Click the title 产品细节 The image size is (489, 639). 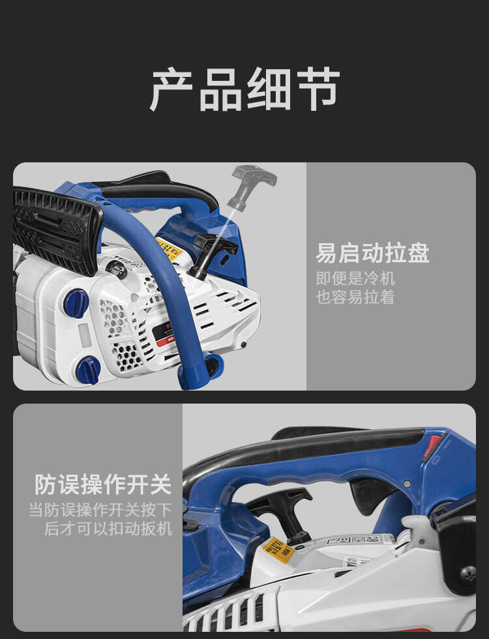[x=244, y=89]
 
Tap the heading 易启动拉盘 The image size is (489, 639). [x=372, y=253]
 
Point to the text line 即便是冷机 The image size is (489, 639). [x=355, y=278]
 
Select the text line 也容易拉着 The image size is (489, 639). [x=355, y=297]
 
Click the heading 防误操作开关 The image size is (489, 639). [x=103, y=484]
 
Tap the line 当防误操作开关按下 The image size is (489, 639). [x=100, y=509]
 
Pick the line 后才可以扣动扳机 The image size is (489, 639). [x=108, y=529]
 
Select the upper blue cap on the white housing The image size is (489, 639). [x=76, y=303]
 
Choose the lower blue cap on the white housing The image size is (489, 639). [x=87, y=369]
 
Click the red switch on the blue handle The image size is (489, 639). [x=433, y=448]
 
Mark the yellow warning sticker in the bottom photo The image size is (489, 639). [x=278, y=552]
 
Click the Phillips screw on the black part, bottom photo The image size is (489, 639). [x=468, y=574]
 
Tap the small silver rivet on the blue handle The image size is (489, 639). [x=407, y=485]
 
